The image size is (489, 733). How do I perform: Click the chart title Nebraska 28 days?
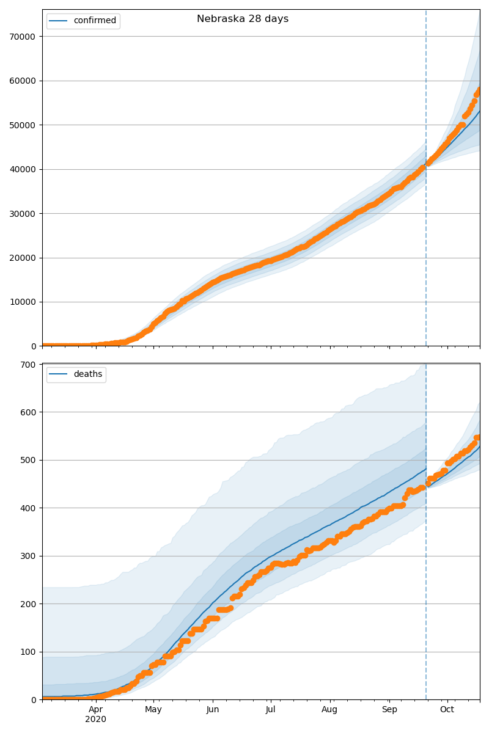click(243, 19)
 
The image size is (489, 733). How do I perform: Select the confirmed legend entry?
click(94, 21)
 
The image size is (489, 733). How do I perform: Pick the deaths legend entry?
click(87, 374)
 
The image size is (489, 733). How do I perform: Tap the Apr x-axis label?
click(95, 710)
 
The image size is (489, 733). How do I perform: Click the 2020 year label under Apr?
click(95, 720)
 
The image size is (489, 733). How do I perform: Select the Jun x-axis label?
click(213, 710)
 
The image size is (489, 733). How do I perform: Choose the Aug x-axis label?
click(330, 710)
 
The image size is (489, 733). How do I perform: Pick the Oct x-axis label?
click(447, 710)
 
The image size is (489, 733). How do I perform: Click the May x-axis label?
click(153, 710)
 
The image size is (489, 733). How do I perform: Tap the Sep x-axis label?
click(389, 710)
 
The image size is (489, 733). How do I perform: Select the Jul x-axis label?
click(270, 710)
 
